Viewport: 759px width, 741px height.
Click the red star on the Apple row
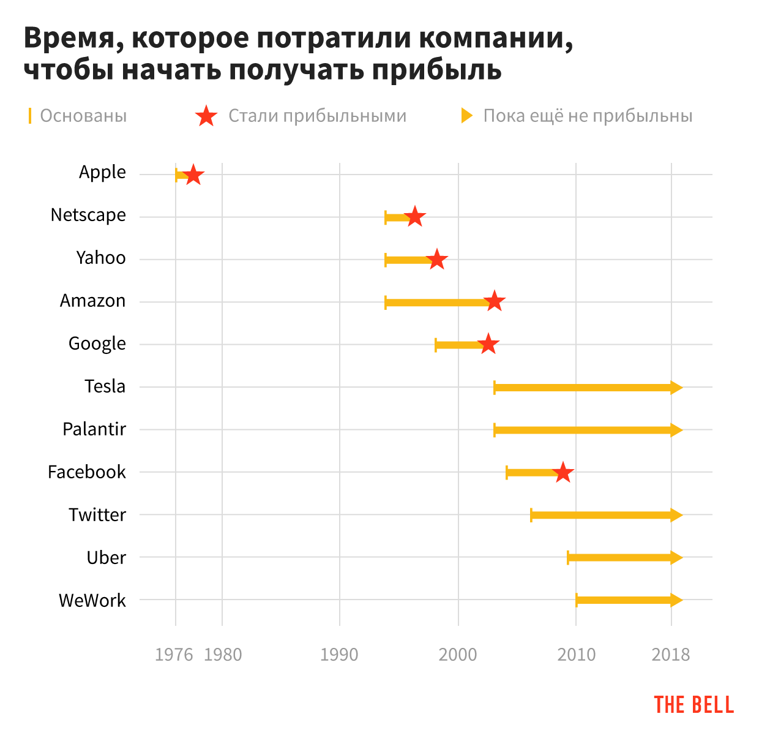[x=193, y=175]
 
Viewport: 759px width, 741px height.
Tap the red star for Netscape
[x=415, y=217]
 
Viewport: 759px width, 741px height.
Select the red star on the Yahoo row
[x=437, y=260]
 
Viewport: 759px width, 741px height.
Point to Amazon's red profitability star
[x=495, y=302]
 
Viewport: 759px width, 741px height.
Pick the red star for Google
[x=488, y=344]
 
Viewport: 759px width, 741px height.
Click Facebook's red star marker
[x=563, y=473]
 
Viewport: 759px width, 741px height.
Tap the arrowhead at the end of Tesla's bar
[x=676, y=387]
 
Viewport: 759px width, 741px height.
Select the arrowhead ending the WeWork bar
[x=676, y=600]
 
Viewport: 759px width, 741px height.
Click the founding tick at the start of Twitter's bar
[x=531, y=515]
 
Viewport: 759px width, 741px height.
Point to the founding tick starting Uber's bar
[x=568, y=558]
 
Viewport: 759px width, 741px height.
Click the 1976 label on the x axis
[x=174, y=655]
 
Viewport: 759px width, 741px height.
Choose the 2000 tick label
[x=458, y=655]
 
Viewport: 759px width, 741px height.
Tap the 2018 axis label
[x=671, y=655]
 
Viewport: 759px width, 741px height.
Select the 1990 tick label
[x=339, y=655]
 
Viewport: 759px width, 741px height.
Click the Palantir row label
[x=94, y=429]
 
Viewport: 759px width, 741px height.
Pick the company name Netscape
[x=88, y=216]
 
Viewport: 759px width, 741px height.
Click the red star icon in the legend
[x=207, y=116]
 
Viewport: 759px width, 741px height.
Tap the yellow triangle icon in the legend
[x=467, y=116]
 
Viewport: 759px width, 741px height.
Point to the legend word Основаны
[x=83, y=116]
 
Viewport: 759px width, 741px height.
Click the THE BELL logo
[x=694, y=705]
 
